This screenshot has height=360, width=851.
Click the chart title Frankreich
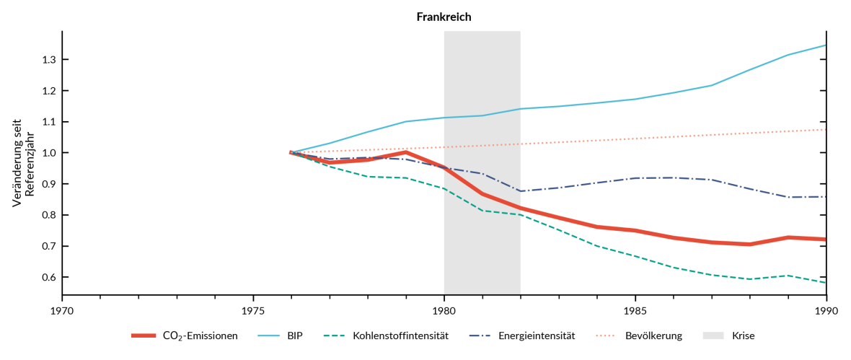(x=444, y=17)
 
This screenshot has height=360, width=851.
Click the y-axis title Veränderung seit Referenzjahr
(x=23, y=163)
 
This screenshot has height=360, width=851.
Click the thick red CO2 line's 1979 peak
(x=406, y=152)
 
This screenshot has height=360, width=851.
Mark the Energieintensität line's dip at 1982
(x=521, y=191)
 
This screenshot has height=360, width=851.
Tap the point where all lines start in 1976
(x=291, y=153)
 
